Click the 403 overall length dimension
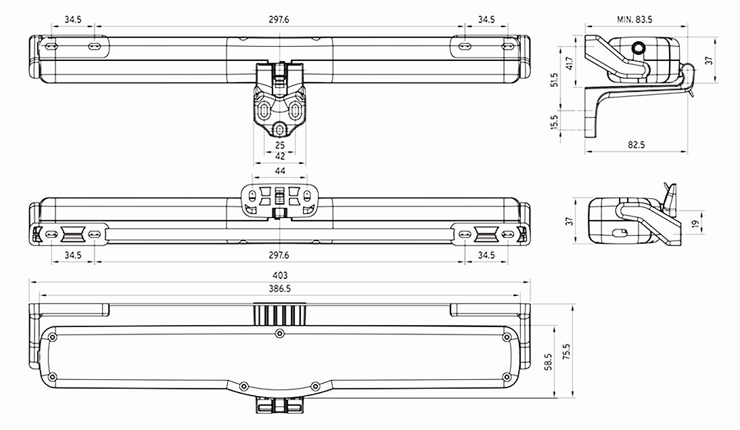tap(280, 275)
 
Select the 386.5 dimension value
tap(280, 288)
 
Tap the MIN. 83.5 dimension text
tap(634, 20)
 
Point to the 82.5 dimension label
tap(637, 145)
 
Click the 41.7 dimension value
tap(569, 64)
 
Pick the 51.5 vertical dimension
tap(554, 79)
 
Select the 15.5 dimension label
tap(554, 122)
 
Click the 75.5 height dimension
tap(566, 351)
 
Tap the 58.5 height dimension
tap(548, 362)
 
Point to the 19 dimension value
tap(695, 223)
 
